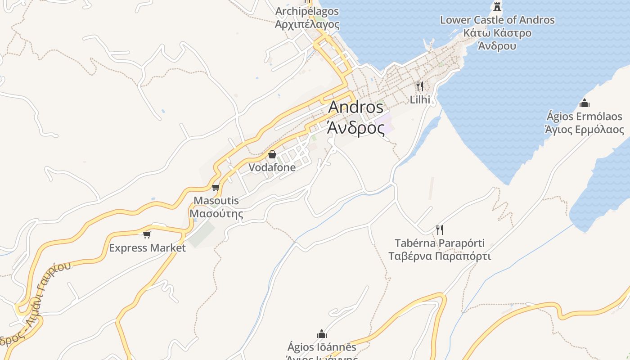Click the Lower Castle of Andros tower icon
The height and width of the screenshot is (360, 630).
tap(497, 7)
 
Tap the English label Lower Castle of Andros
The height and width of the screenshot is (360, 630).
tap(497, 20)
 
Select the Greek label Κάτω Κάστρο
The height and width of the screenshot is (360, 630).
tap(497, 33)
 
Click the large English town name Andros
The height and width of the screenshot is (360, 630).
tap(356, 107)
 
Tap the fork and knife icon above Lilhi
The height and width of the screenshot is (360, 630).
tap(420, 86)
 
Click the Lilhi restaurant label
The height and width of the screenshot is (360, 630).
tap(420, 99)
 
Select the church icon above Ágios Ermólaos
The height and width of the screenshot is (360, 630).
tap(585, 103)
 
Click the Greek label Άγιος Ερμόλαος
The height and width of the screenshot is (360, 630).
tap(585, 130)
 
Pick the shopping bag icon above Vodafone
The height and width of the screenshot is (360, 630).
tap(272, 155)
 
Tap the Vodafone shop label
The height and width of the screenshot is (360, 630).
tap(272, 167)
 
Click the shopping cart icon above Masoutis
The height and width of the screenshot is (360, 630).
tap(216, 188)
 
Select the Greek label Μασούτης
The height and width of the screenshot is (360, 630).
tap(216, 213)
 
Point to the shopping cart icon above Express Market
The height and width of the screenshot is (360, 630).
tap(147, 234)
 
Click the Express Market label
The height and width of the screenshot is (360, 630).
tap(147, 248)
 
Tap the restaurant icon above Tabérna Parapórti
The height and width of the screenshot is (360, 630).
tap(440, 230)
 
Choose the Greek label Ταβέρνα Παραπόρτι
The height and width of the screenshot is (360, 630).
tap(440, 256)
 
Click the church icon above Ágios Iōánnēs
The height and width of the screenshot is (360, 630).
tap(322, 334)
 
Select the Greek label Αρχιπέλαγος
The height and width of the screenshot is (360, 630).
tap(307, 24)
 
